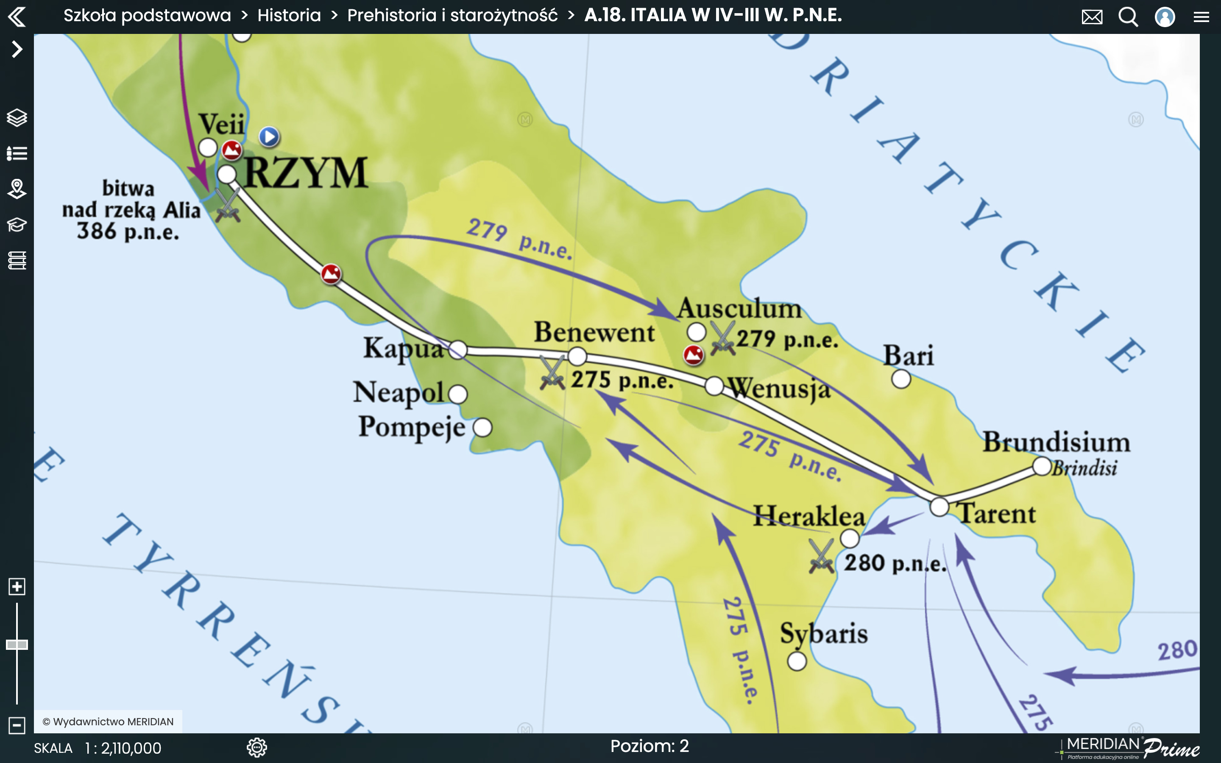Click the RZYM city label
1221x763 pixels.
click(x=306, y=173)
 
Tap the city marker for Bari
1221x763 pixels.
click(x=900, y=379)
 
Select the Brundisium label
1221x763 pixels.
click(x=1056, y=442)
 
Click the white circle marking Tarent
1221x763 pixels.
click(x=939, y=507)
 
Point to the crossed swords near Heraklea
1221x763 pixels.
click(x=821, y=556)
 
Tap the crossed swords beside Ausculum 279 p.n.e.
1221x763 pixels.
click(x=722, y=339)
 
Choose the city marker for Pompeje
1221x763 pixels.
click(x=482, y=427)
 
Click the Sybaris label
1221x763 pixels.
click(x=823, y=634)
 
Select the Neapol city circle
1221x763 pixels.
click(x=457, y=394)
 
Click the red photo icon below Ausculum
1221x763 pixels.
click(x=693, y=355)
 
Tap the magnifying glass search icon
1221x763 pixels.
click(x=1128, y=17)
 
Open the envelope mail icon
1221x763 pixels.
click(x=1092, y=17)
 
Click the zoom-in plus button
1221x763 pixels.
click(x=17, y=586)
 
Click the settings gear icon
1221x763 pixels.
click(x=257, y=747)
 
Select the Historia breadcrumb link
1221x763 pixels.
click(x=289, y=15)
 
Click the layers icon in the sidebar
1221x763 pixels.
click(x=17, y=117)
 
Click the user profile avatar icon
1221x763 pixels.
click(x=1165, y=17)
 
